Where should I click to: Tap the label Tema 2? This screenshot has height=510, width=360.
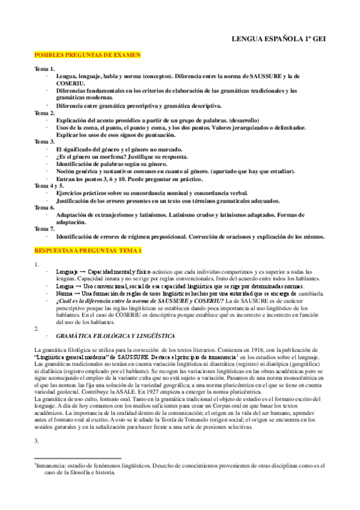[x=44, y=112]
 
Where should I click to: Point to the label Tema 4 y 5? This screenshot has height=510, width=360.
[x=48, y=185]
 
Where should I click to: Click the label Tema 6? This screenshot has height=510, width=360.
[x=44, y=207]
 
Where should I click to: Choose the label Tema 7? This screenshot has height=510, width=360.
[x=44, y=229]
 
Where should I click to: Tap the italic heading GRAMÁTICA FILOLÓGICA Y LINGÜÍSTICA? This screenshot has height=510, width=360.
[x=115, y=336]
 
